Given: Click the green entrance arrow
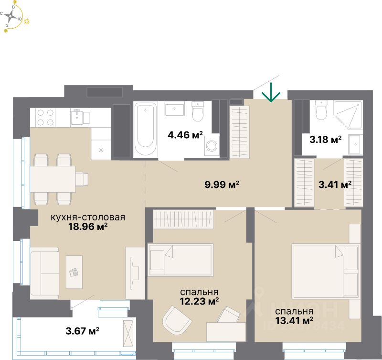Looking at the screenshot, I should [x=271, y=92].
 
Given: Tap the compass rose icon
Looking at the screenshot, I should [x=13, y=18].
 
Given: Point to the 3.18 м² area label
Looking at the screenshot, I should [x=326, y=140].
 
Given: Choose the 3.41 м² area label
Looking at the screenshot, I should [x=335, y=184].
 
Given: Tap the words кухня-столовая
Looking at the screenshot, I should [x=88, y=218].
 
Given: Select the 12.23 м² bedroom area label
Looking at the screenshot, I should [x=200, y=301].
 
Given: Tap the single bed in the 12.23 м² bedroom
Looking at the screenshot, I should [x=181, y=260].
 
